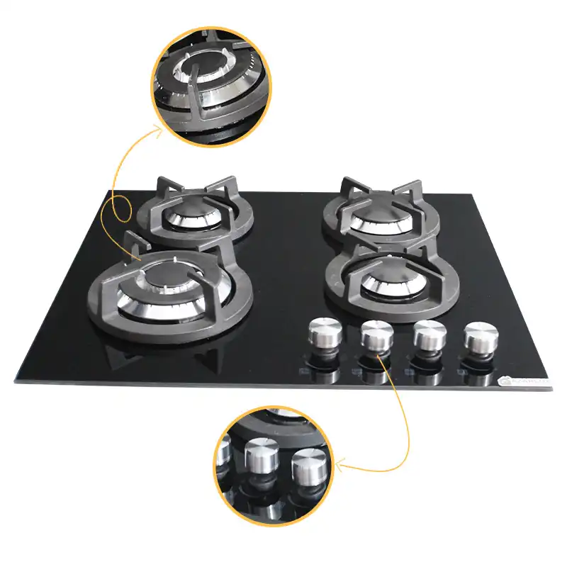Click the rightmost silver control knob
tap(480, 337)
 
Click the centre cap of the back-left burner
tap(191, 213)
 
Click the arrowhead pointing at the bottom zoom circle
tap(337, 466)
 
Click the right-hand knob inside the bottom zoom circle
tap(310, 468)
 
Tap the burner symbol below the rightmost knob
tap(461, 373)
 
